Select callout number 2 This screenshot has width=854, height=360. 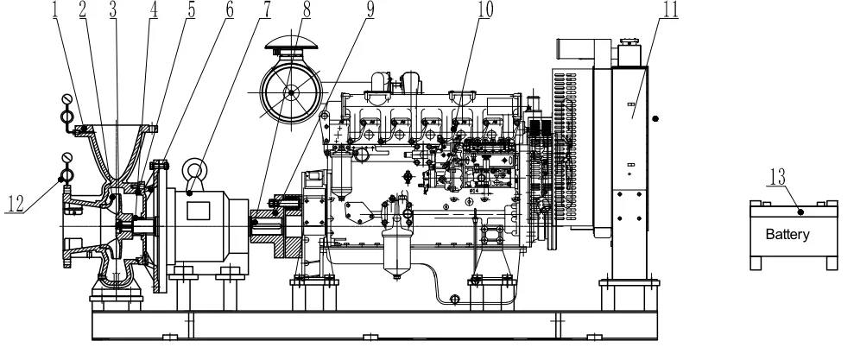(x=83, y=9)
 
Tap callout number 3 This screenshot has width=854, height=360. (x=113, y=9)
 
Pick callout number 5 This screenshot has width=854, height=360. (x=189, y=9)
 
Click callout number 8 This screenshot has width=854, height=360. (x=307, y=9)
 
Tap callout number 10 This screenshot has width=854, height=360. (x=484, y=9)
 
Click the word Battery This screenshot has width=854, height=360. (x=788, y=234)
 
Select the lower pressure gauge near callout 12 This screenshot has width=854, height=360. (x=66, y=160)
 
